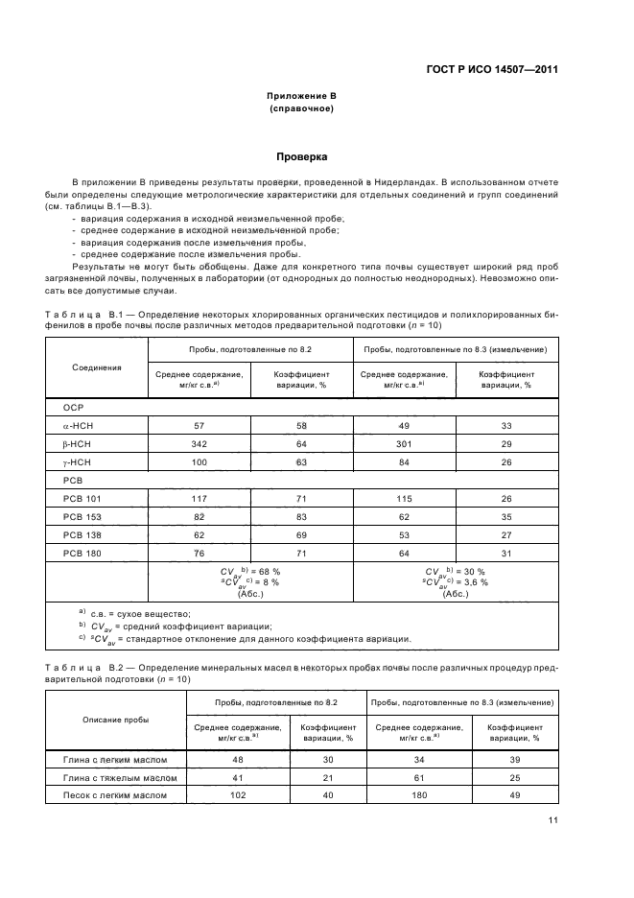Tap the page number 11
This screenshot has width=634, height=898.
[x=552, y=819]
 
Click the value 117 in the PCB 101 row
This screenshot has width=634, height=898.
[x=199, y=498]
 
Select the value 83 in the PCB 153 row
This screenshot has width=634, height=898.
[x=302, y=516]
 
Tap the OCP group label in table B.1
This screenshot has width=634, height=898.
[x=74, y=407]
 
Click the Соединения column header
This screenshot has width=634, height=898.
[x=97, y=366]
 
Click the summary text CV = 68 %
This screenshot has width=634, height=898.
[x=250, y=571]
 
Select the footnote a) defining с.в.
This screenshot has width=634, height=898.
[x=134, y=613]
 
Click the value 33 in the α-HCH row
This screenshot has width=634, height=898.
[x=507, y=425]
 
